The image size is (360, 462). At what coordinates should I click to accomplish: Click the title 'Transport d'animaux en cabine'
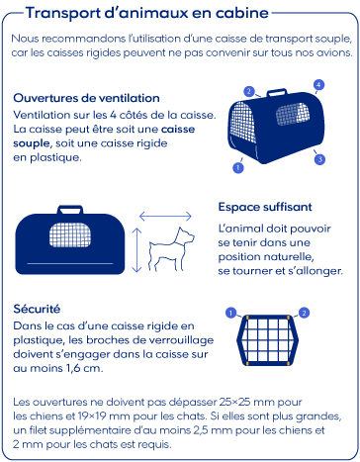tap(147, 13)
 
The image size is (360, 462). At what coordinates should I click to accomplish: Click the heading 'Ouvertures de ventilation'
tap(86, 98)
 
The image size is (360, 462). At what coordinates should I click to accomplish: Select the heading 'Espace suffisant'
tap(265, 207)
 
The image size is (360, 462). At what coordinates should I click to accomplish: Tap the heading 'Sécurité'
tap(37, 309)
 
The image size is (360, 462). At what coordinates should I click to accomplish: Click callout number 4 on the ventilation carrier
tap(318, 85)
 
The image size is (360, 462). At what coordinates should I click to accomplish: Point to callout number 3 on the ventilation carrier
tap(319, 159)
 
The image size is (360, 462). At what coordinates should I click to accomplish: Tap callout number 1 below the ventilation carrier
tap(238, 167)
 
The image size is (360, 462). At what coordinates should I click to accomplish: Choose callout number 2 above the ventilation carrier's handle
tap(249, 91)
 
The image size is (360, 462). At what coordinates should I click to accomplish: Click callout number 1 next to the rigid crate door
tap(230, 313)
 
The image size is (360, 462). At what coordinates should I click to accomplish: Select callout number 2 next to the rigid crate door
tap(304, 313)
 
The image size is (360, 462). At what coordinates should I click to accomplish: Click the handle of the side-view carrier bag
tap(70, 210)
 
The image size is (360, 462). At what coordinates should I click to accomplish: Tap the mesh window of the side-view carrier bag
tap(70, 234)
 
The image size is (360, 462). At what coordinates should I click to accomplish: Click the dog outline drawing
tap(171, 248)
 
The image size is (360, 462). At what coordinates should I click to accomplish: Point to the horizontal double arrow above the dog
tap(165, 217)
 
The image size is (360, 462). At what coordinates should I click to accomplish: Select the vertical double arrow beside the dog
tap(136, 250)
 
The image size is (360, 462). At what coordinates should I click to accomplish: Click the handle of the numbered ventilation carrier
tap(276, 92)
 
